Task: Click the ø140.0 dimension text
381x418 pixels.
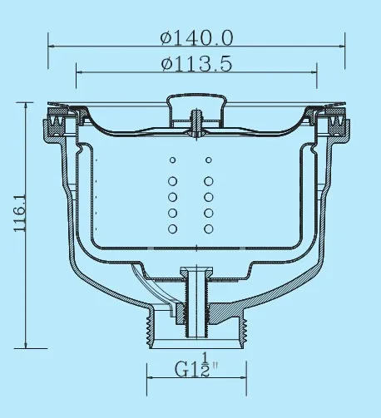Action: pos(196,37)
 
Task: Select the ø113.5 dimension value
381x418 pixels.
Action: pos(196,64)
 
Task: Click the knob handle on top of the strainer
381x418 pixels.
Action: pos(195,104)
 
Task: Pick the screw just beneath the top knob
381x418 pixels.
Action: pos(195,120)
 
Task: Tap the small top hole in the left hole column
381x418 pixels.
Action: pos(172,160)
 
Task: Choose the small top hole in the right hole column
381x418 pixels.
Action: pos(208,160)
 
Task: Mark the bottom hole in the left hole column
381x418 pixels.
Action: pos(172,227)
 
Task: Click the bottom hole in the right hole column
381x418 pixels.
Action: pos(208,227)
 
